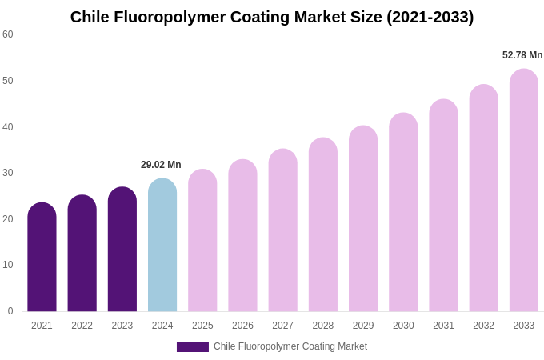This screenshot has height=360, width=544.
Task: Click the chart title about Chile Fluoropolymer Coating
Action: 272,17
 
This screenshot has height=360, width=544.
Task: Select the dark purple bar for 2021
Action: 42,258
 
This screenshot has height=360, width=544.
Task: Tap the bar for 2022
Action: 82,254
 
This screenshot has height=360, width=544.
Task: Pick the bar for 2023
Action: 122,250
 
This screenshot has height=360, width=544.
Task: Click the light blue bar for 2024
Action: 162,246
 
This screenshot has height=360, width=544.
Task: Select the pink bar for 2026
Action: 242,236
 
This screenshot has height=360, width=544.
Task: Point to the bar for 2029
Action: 363,219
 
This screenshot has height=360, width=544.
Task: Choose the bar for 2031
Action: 443,206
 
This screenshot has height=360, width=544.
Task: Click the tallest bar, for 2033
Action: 524,190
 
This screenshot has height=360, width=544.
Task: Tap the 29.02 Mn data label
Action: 161,165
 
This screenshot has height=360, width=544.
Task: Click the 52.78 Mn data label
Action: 522,55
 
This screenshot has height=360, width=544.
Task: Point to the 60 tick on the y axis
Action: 8,34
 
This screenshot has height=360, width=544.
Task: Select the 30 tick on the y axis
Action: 8,173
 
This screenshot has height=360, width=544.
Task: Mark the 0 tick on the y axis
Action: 10,311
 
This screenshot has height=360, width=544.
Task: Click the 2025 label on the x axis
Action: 202,326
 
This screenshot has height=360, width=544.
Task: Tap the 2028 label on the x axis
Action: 323,326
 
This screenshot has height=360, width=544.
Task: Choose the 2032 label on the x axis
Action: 483,326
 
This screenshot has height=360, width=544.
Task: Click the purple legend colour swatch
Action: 193,347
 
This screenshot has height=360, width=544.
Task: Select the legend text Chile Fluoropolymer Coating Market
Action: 290,346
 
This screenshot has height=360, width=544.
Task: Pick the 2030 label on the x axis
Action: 403,326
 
